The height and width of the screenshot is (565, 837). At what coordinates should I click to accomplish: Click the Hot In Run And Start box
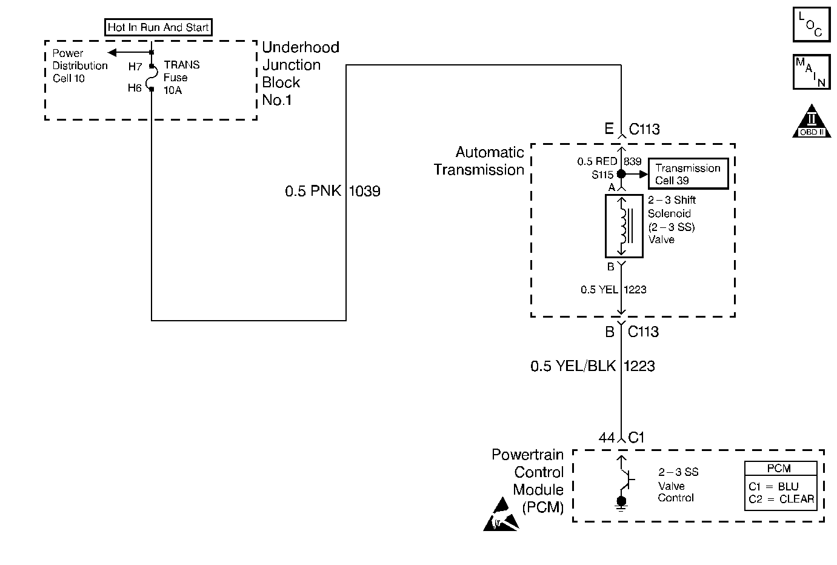pos(158,27)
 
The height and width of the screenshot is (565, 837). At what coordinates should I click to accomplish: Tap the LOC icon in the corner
pos(811,24)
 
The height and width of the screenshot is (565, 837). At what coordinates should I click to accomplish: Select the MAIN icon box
pos(811,72)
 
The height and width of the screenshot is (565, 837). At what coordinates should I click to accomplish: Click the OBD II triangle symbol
pos(812,121)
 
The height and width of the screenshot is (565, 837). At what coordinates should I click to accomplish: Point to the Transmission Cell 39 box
pos(687,174)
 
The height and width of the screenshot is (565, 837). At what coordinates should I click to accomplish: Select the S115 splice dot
pos(621,174)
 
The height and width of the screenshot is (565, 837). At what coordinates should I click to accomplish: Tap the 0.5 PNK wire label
pos(313,192)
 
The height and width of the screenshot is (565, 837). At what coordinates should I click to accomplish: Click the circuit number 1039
pos(365,192)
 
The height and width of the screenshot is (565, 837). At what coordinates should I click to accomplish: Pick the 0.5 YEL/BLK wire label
pos(573,366)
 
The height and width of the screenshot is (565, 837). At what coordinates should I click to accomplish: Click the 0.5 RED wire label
pos(596,161)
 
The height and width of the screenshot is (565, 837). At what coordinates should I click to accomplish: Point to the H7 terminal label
pos(135,67)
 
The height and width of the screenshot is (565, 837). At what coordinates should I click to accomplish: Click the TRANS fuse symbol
pos(152,77)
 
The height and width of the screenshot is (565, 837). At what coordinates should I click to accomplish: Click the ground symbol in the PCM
pos(621,503)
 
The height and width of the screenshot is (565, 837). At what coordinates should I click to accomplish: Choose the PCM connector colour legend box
pos(781,485)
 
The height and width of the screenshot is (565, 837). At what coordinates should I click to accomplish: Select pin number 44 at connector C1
pos(606,438)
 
